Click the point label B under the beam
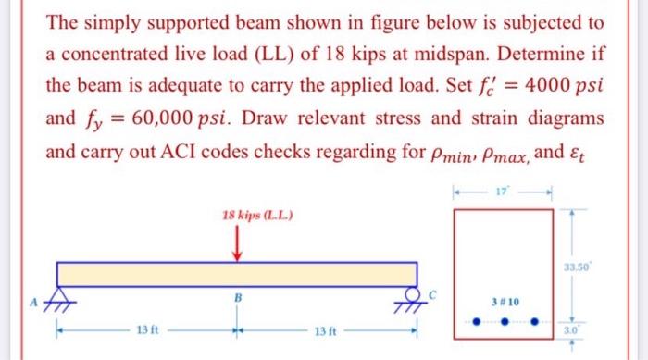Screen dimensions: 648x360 pos(235,298)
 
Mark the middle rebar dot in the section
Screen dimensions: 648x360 pos(505,325)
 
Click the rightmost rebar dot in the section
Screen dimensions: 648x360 pos(534,325)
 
